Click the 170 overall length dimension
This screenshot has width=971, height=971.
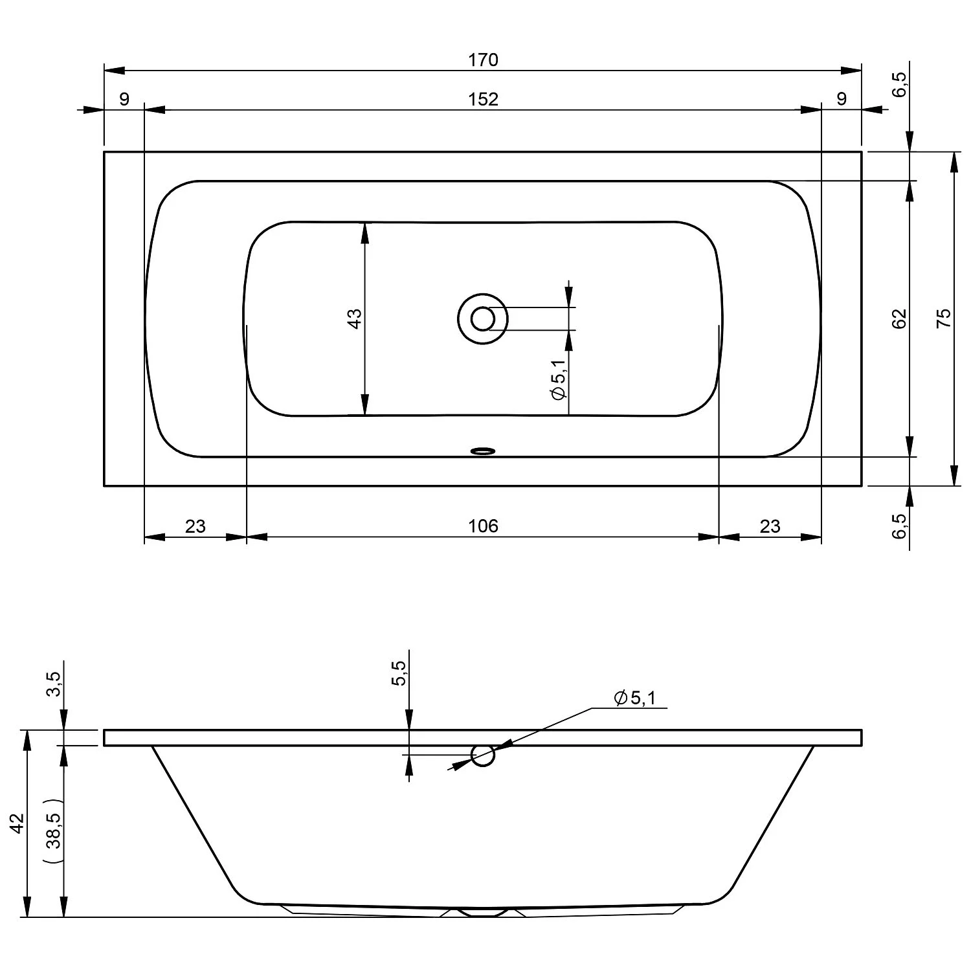coord(484,60)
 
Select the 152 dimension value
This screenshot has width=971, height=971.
coord(484,99)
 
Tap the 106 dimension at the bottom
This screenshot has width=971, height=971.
coord(484,526)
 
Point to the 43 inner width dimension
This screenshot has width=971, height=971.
coord(355,318)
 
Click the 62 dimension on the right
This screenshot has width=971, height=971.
coord(900,318)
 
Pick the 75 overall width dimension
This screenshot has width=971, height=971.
coord(944,318)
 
